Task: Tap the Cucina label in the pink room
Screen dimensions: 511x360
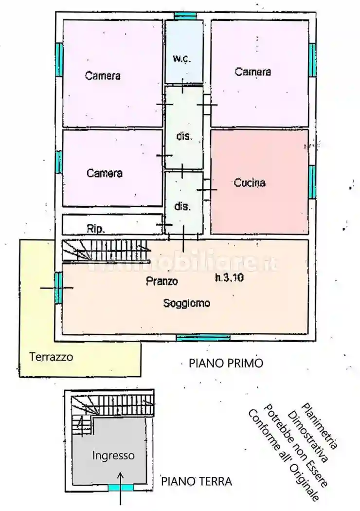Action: point(250,183)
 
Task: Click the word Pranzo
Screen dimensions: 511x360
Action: point(162,281)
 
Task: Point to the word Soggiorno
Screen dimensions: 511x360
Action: point(187,303)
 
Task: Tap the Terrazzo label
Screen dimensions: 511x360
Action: point(51,357)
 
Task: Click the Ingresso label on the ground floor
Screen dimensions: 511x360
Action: point(113,456)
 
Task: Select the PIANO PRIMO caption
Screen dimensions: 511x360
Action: point(226,363)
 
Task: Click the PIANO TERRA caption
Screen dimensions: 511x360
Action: point(197,482)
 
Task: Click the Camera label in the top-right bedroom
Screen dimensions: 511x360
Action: point(252,72)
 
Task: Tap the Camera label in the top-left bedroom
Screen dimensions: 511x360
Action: point(103,75)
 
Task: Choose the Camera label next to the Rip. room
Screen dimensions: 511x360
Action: point(105,173)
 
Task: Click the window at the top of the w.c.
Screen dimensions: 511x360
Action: point(184,16)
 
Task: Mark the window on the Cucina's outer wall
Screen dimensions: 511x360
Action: point(312,182)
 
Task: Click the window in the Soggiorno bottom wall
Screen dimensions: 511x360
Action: point(203,337)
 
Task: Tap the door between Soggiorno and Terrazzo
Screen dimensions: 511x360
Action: point(58,288)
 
